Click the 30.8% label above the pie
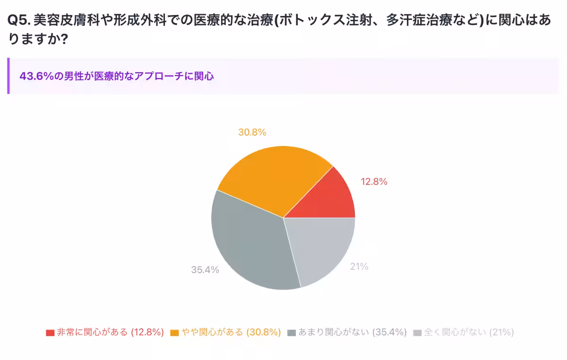252,132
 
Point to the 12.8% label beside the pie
374,181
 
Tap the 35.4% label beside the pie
205,270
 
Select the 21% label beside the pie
359,266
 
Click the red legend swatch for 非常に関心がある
50,333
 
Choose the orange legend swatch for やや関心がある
174,333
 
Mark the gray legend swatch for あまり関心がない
292,333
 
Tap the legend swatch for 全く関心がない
417,333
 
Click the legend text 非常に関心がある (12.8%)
110,332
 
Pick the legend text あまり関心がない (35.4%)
352,332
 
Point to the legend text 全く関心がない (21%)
469,332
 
